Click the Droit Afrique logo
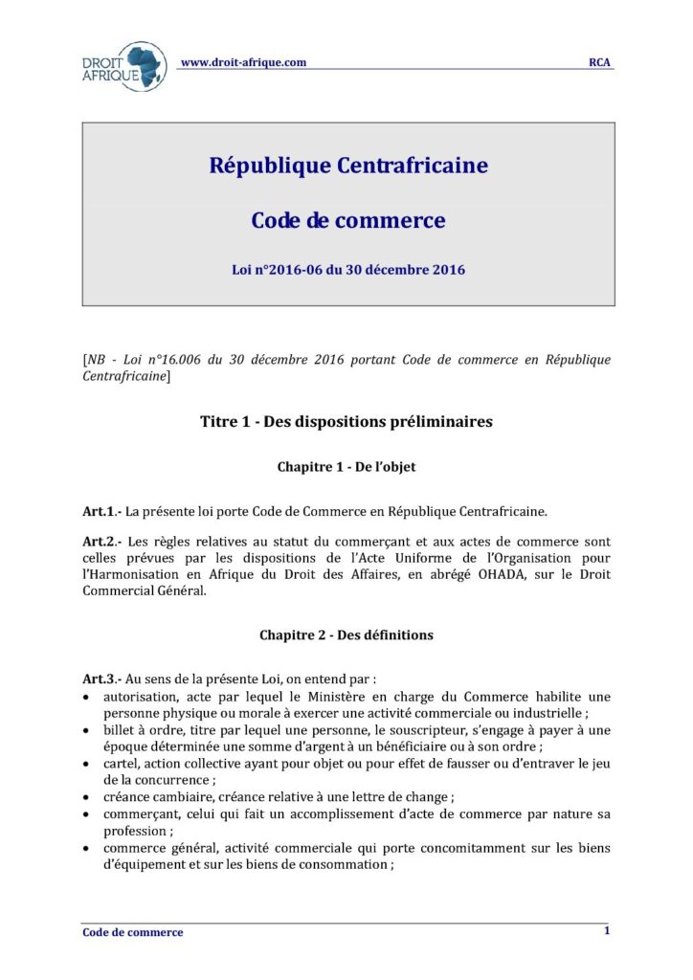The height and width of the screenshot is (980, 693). point(124,66)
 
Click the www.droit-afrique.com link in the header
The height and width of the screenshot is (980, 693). point(243,62)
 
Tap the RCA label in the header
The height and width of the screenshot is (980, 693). point(600,63)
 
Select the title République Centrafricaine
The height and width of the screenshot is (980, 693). point(347,166)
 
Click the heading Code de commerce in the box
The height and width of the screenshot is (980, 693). point(347,220)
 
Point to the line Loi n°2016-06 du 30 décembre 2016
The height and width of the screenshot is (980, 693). point(347,270)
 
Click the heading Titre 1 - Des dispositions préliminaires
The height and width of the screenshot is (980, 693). point(346,422)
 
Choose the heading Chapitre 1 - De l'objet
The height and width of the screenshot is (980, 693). point(346,467)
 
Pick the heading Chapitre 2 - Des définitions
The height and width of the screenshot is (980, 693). point(346,635)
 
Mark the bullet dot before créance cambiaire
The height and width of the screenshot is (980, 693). point(88,797)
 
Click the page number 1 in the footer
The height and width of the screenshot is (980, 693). point(607,930)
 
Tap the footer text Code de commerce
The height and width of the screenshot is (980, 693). point(132,932)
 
